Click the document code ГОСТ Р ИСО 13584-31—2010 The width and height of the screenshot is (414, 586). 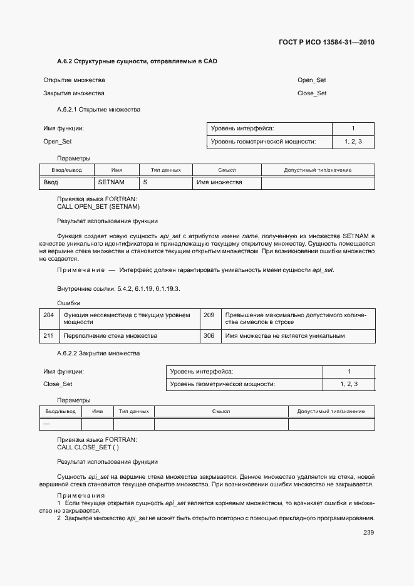coord(326,43)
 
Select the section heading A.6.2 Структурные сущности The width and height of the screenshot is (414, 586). coord(128,61)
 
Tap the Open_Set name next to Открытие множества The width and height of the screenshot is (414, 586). coord(311,80)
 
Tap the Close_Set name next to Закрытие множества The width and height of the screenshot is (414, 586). coord(312,93)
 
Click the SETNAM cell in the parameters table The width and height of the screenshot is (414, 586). coord(111,182)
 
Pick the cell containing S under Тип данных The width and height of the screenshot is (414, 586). coord(145,182)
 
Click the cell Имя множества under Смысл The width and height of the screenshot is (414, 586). coord(219,182)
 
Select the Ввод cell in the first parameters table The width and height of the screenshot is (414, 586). coord(51,182)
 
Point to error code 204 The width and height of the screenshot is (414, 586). coord(48,315)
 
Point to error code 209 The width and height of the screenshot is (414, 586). coord(209,315)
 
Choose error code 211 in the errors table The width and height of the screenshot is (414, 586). coord(48,336)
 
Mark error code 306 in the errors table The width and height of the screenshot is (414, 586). coord(209,336)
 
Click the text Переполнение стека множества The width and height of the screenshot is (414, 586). coord(110,336)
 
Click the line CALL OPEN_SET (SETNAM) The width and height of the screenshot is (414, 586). coord(98,206)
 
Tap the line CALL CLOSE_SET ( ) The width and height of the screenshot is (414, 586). coord(88,447)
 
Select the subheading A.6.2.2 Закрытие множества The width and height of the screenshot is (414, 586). coord(98,353)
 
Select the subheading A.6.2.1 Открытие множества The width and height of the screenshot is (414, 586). coord(98,110)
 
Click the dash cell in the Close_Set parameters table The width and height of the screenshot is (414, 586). coord(46,424)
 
